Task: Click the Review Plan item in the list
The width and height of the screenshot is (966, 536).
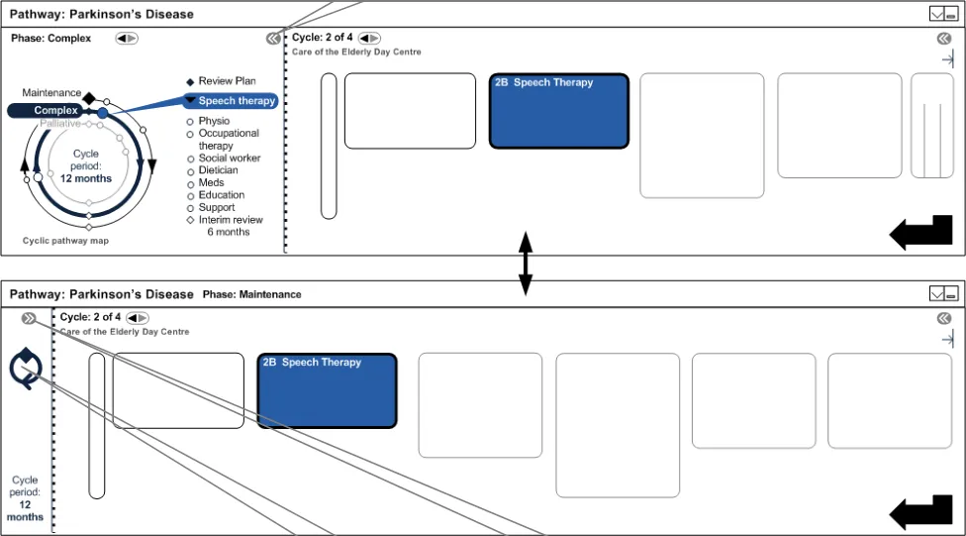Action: (x=227, y=81)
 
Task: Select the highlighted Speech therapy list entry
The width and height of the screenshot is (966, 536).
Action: (x=236, y=101)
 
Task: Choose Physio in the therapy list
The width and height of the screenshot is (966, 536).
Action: (x=214, y=121)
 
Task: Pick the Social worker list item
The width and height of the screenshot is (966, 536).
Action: (x=230, y=159)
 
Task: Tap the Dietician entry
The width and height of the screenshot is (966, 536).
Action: (x=218, y=170)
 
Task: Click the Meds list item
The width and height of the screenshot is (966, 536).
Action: (x=211, y=183)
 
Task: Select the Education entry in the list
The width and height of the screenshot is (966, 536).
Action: (x=221, y=195)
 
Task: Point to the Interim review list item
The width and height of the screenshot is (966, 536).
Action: (x=231, y=220)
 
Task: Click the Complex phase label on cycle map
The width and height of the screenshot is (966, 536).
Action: (x=55, y=111)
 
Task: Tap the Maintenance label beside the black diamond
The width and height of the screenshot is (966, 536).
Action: (x=51, y=93)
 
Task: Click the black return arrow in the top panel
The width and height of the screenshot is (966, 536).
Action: (x=920, y=234)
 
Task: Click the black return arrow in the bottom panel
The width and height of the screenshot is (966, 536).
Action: (x=920, y=513)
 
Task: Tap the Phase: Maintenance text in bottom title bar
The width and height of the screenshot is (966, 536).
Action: (x=251, y=294)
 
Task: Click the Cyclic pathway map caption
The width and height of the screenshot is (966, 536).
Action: (x=65, y=241)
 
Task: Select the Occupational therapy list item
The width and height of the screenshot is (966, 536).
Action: (x=229, y=139)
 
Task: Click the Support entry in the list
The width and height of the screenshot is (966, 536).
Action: (x=217, y=208)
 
